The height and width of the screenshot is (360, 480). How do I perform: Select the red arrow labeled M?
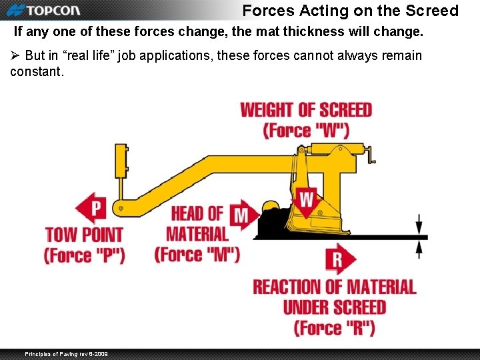coord(244,215)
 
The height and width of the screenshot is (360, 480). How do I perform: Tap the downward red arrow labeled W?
coord(306,201)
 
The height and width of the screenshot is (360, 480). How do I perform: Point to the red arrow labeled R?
coord(340,259)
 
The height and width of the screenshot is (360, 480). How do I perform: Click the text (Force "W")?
coord(306,130)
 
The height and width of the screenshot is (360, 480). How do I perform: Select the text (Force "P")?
coord(85,255)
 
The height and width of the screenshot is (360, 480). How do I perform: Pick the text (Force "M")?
coord(197,255)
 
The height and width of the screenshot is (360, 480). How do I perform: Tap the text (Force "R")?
coord(334,327)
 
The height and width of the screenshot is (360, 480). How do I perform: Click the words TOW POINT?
coord(85,235)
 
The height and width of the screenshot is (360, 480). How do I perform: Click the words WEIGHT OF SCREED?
coord(306,109)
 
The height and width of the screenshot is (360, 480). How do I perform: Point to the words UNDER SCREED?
coord(334,307)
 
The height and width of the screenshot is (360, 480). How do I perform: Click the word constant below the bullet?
coord(37,71)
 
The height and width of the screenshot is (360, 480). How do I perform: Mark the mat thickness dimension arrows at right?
coord(419,237)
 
